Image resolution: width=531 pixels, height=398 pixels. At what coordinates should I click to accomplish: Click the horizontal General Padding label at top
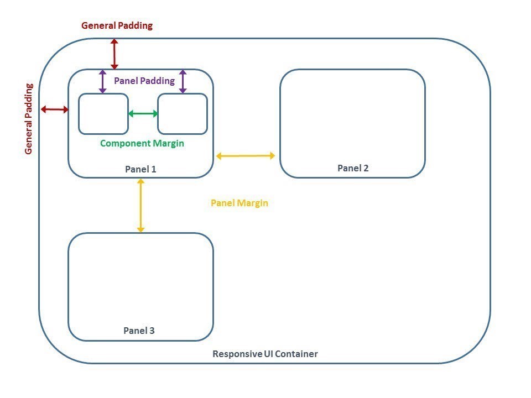[x=117, y=25]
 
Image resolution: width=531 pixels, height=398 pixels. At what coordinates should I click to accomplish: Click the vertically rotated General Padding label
[x=29, y=118]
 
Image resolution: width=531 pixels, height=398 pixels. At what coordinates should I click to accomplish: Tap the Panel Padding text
[x=144, y=81]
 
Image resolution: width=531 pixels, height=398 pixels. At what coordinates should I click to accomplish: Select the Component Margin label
[x=142, y=143]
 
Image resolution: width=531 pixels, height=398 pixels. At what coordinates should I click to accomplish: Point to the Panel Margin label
[x=239, y=203]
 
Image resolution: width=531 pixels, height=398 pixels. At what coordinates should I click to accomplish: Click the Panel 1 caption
[x=140, y=169]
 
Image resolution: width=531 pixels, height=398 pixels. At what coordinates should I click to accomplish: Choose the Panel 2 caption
[x=353, y=168]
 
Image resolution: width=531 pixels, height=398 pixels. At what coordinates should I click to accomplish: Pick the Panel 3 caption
[x=139, y=331]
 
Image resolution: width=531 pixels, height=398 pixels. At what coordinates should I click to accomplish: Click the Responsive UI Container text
[x=265, y=354]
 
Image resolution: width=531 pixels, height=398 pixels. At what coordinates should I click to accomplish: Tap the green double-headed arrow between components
[x=143, y=114]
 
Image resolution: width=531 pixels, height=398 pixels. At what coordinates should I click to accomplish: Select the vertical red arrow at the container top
[x=114, y=53]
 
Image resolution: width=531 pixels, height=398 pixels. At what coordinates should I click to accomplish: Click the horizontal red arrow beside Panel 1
[x=54, y=109]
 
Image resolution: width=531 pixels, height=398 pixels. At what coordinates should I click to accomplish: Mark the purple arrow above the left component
[x=102, y=81]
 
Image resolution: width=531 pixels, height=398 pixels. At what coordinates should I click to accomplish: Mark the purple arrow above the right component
[x=183, y=81]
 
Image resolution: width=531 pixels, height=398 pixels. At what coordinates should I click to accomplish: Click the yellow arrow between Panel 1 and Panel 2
[x=246, y=156]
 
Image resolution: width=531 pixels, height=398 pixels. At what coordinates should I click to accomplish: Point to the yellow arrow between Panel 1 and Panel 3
[x=140, y=205]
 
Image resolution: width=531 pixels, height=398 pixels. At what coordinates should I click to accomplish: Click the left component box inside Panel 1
[x=103, y=114]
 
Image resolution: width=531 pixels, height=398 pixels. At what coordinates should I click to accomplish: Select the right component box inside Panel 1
[x=183, y=114]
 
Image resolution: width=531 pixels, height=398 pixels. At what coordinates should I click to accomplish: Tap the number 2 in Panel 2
[x=366, y=168]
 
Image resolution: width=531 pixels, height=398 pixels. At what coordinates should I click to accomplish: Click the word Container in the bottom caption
[x=298, y=354]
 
